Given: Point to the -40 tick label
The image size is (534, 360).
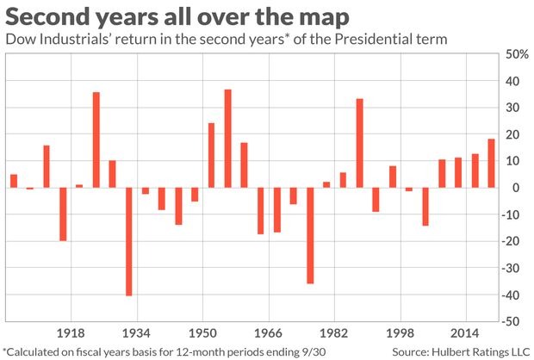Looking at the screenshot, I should tap(515, 295).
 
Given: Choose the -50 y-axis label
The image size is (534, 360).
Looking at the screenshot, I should tap(515, 321).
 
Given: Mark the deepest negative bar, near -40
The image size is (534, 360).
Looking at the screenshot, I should tap(129, 241).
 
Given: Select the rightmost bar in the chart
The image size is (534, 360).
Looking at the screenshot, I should tap(491, 164).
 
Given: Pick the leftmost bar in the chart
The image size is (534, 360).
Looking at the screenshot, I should tap(14, 181).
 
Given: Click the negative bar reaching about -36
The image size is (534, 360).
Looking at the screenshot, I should tap(310, 235).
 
